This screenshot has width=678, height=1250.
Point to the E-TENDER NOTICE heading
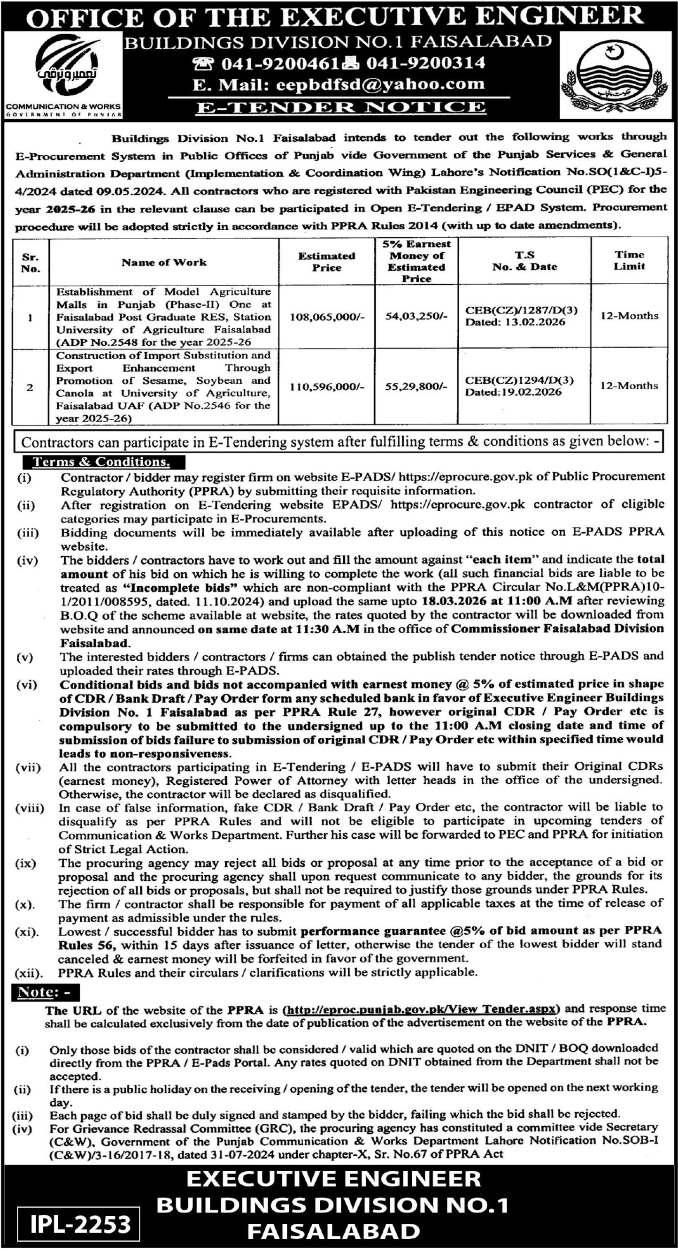click(x=340, y=107)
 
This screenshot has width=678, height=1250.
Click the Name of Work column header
click(x=164, y=263)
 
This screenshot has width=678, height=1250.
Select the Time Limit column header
click(x=629, y=261)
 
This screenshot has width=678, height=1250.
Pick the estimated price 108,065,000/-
click(x=327, y=317)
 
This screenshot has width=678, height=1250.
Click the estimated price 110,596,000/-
click(x=327, y=387)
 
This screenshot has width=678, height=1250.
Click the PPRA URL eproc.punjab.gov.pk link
click(x=421, y=1009)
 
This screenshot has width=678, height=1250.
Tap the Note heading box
click(x=45, y=993)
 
